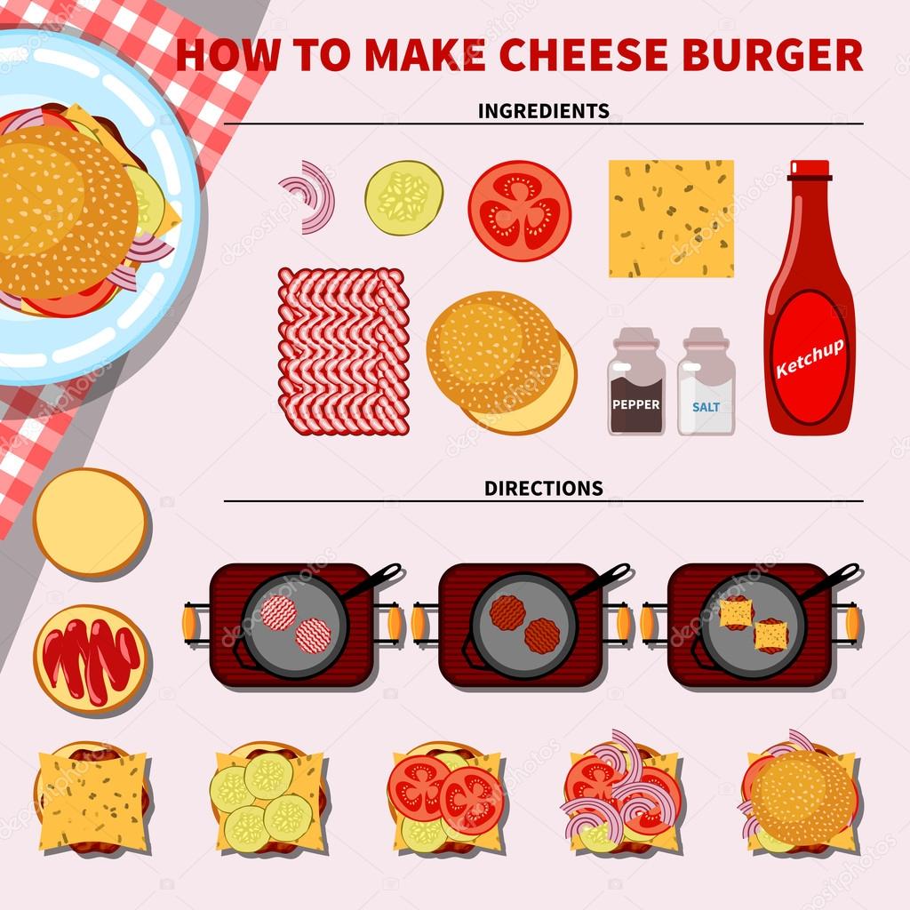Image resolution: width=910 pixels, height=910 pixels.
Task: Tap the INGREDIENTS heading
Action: pos(543,111)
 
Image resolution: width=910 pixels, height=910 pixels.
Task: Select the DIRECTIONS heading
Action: pos(543,488)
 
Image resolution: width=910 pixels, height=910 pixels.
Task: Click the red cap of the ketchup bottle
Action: pos(808,170)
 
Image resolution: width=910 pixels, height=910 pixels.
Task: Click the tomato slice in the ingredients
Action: pos(519,211)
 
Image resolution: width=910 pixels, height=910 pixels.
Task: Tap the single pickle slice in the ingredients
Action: pos(403,197)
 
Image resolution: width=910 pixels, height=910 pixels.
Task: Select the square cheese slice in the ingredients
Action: pos(671,219)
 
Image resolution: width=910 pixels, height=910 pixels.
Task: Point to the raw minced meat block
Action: pos(343,351)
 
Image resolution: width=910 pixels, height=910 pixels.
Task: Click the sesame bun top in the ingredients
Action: pos(493,351)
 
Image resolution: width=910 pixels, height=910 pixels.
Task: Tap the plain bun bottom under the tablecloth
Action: pos(91,523)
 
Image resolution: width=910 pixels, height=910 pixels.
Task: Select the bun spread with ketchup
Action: pos(91,658)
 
